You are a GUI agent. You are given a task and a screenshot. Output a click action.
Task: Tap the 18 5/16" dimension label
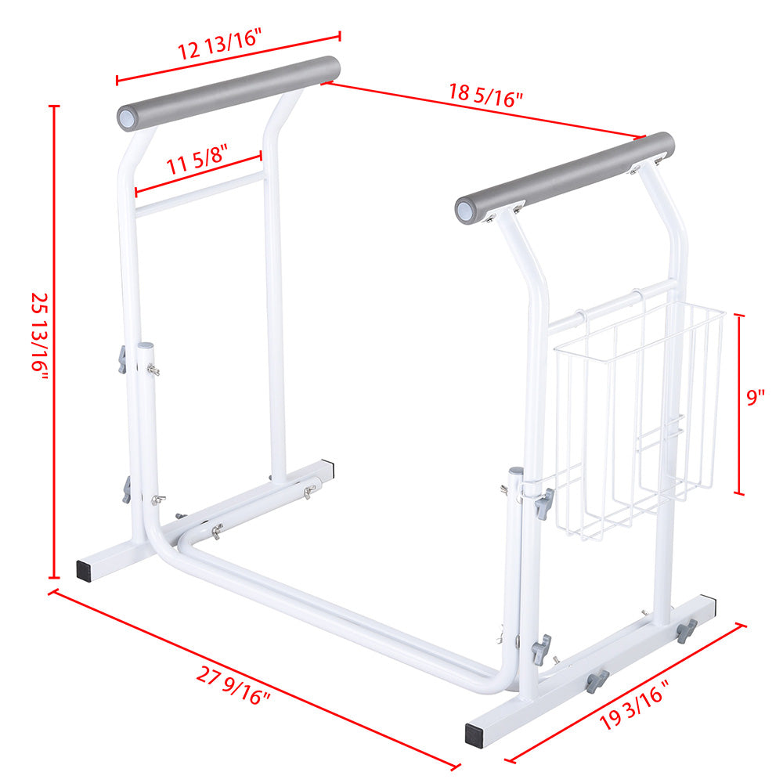coord(485,95)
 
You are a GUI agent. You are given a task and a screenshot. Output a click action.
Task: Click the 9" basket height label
coord(755,398)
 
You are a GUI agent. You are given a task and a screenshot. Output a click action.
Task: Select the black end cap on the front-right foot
coord(474,734)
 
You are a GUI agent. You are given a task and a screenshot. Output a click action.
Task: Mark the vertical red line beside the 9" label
coord(739,403)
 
